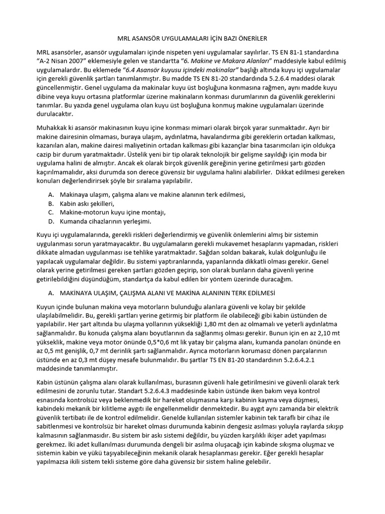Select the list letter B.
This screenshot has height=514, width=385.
click(x=51, y=203)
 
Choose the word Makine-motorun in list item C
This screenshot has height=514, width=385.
click(x=83, y=212)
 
